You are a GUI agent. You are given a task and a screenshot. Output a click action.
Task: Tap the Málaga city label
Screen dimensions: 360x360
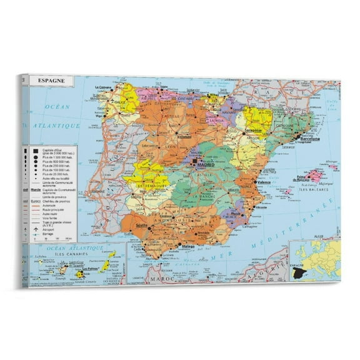tap(188, 247)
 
